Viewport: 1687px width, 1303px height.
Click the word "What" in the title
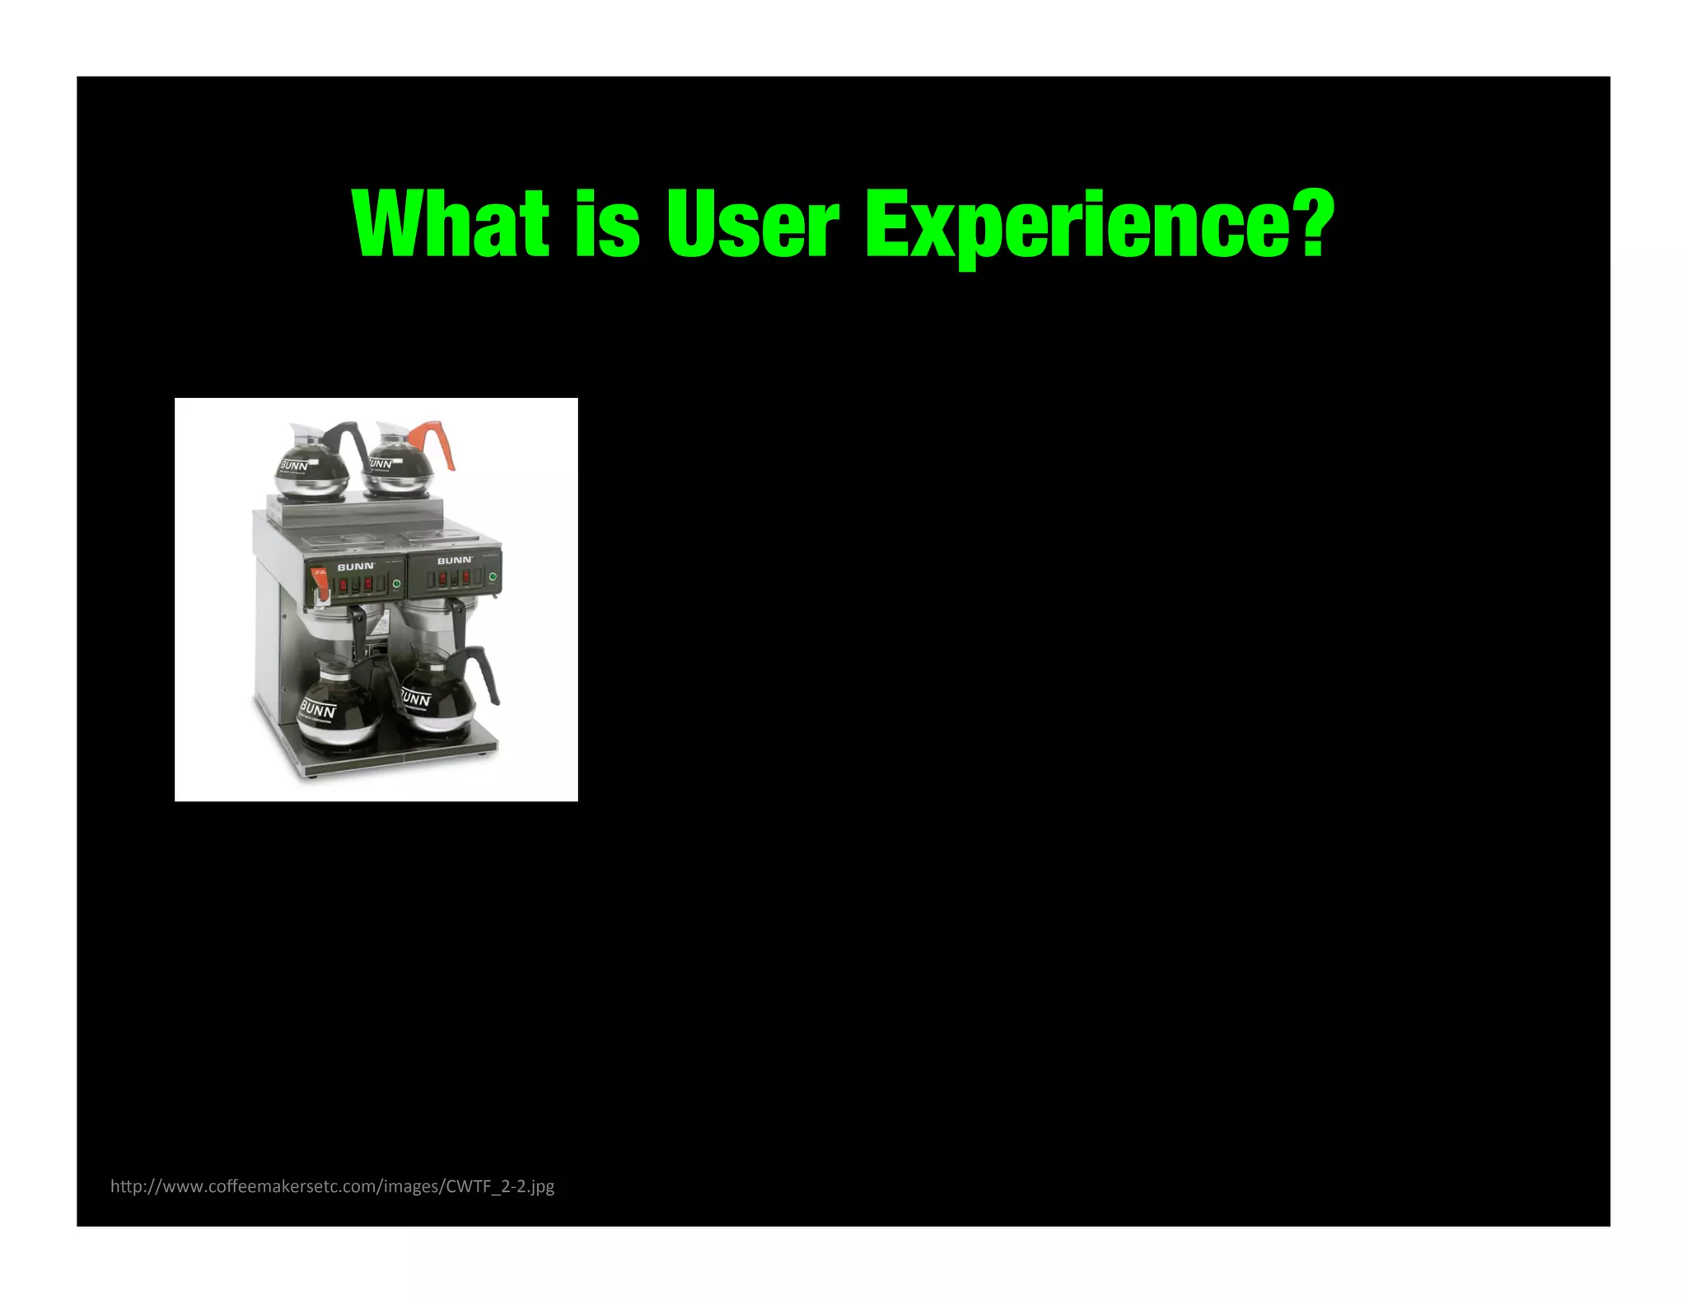point(450,223)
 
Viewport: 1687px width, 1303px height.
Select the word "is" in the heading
point(607,223)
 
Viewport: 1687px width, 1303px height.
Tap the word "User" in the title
point(752,223)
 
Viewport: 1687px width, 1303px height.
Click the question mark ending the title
point(1309,221)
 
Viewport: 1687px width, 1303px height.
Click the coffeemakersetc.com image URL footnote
point(332,1186)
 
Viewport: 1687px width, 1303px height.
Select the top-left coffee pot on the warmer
point(311,465)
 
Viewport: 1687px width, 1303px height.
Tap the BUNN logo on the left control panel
point(356,567)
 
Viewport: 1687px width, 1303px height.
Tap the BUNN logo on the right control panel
point(454,560)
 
